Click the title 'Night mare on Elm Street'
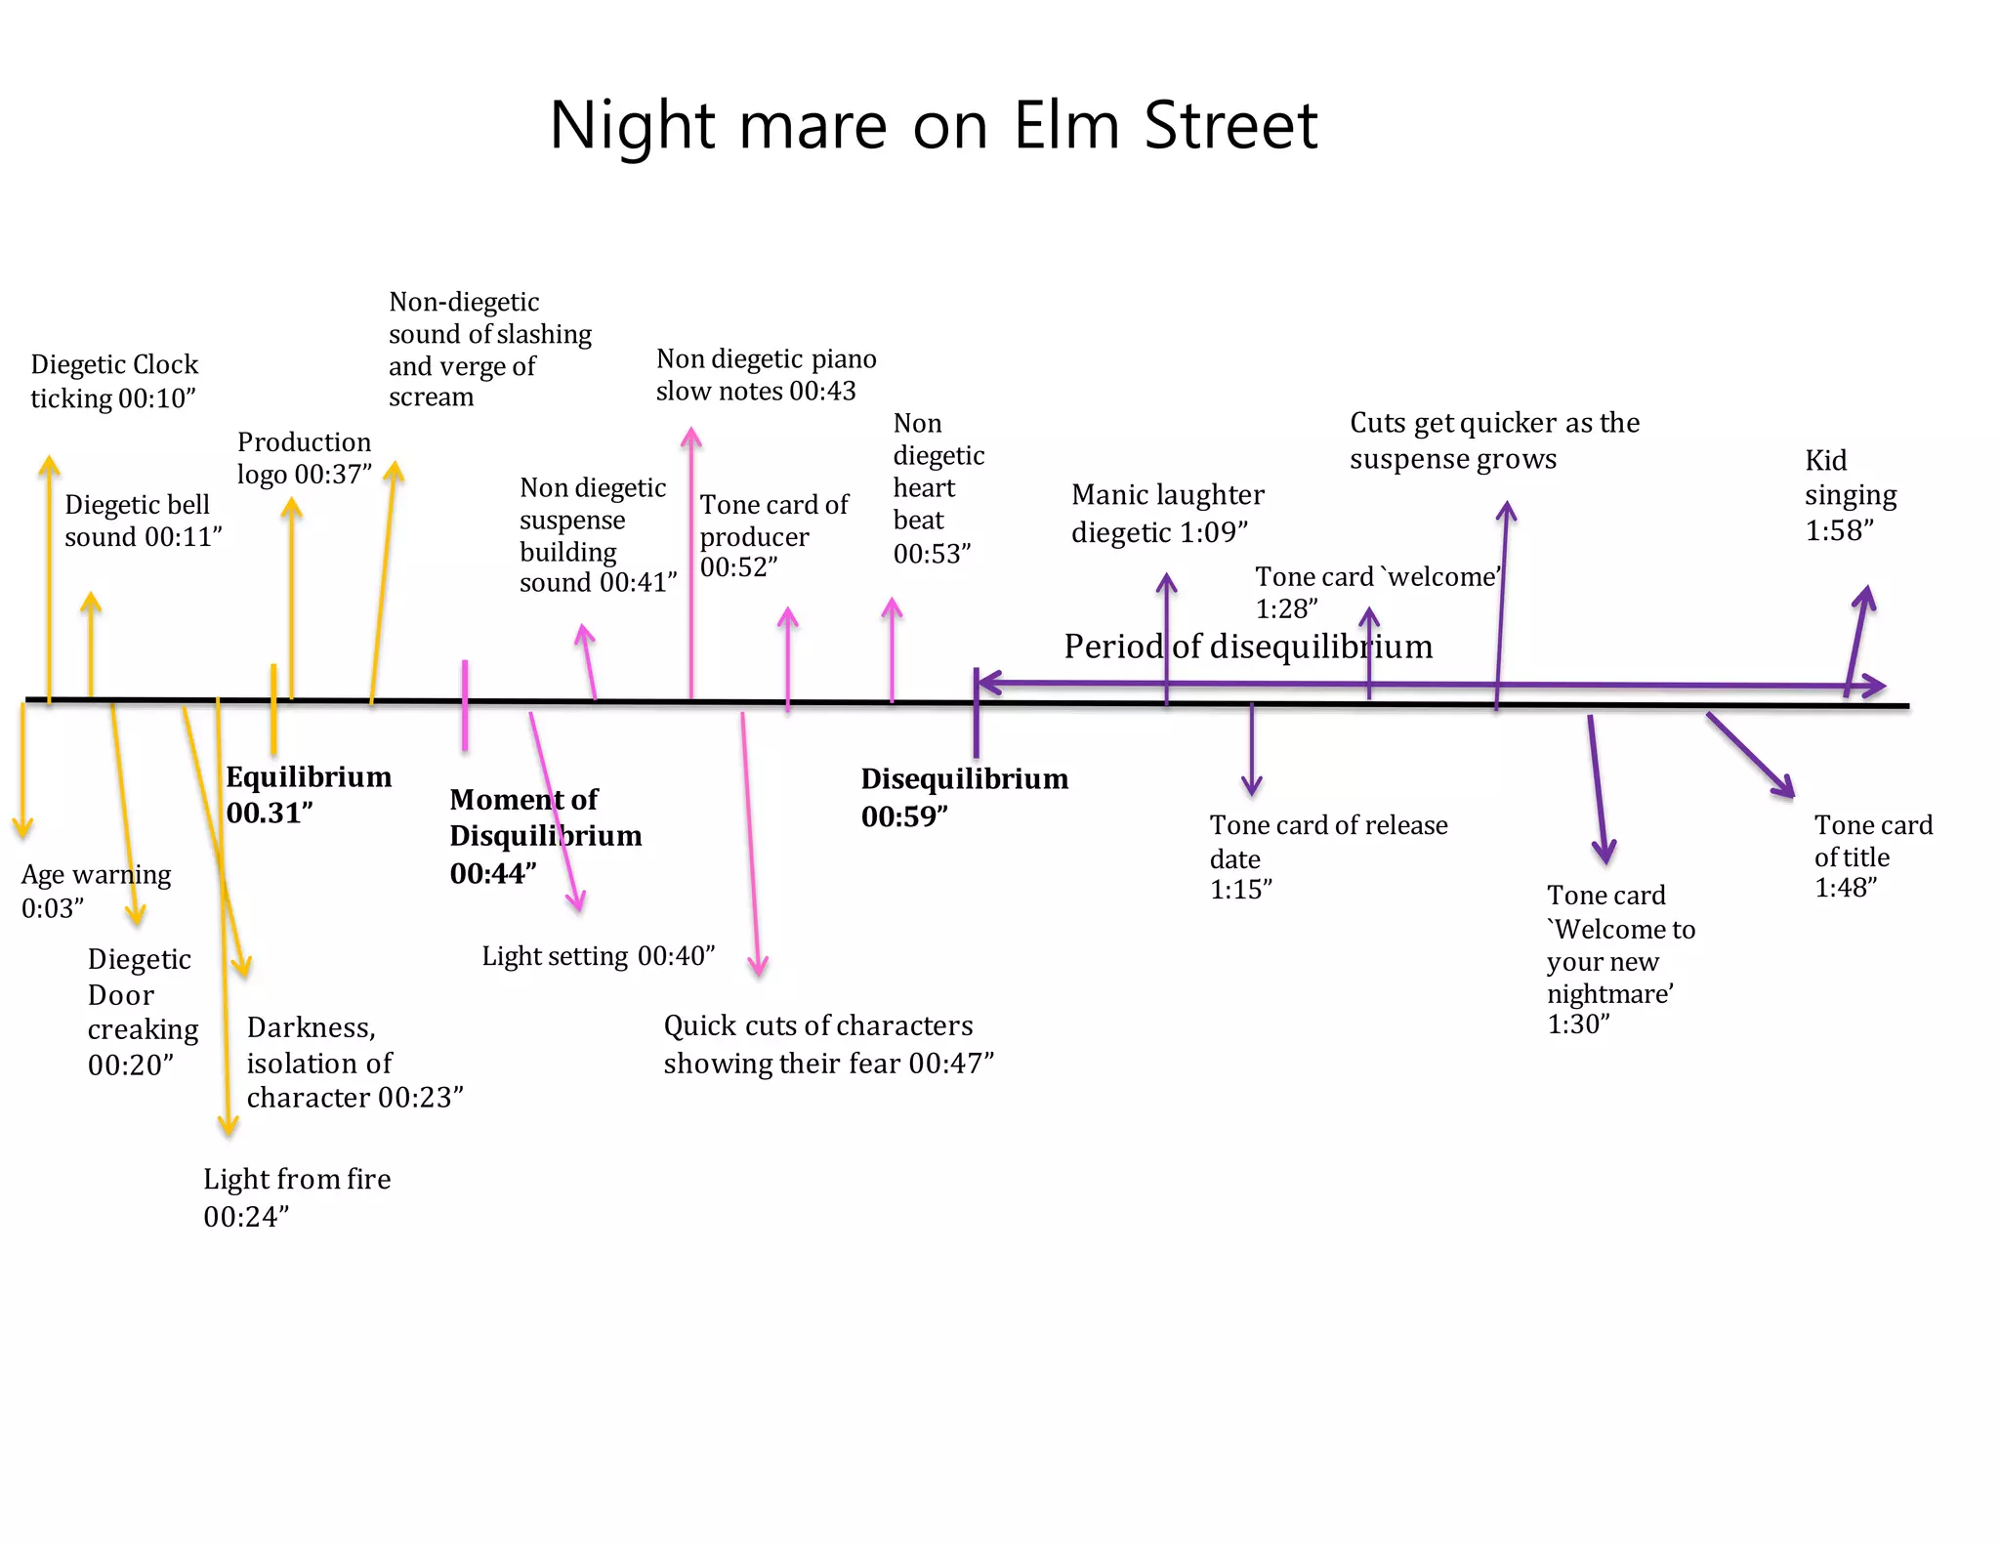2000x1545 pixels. [x=933, y=125]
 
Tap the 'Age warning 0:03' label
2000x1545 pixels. [x=95, y=890]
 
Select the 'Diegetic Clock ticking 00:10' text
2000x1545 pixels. [x=114, y=381]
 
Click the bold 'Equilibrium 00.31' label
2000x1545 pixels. [x=308, y=794]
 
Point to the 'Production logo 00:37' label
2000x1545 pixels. [x=304, y=457]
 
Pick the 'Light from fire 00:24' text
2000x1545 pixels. [x=296, y=1196]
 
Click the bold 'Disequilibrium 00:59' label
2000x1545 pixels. [x=963, y=797]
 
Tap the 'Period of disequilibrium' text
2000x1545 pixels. [x=1247, y=647]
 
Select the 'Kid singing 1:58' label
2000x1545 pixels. [x=1849, y=495]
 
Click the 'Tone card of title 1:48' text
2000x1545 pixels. [x=1871, y=856]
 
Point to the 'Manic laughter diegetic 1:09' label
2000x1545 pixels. [x=1166, y=513]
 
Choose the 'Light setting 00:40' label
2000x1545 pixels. [x=598, y=955]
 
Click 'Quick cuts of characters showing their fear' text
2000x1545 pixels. [x=827, y=1043]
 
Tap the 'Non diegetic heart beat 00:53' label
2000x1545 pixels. [x=937, y=488]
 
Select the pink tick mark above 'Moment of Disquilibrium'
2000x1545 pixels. [x=465, y=705]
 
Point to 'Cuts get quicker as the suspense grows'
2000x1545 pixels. [x=1493, y=439]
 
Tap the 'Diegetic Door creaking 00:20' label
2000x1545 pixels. [x=142, y=1011]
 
